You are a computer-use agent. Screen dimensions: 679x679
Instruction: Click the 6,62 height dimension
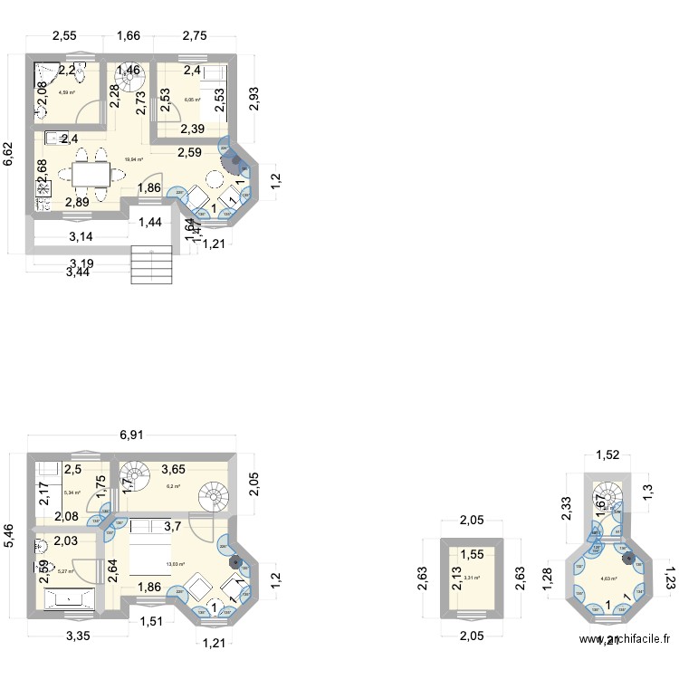point(8,154)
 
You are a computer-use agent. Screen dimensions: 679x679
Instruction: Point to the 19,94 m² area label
point(135,159)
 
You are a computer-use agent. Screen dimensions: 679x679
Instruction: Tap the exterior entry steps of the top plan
point(150,264)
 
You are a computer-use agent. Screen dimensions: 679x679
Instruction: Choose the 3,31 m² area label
point(472,578)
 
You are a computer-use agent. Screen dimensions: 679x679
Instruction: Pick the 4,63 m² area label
point(608,579)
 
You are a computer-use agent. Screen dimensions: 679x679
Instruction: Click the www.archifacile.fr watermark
point(625,663)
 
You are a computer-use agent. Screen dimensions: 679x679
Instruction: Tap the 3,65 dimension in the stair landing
point(174,470)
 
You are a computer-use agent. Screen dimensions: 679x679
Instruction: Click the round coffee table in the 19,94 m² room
point(215,178)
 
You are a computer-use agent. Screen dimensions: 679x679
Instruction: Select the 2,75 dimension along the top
point(195,37)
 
